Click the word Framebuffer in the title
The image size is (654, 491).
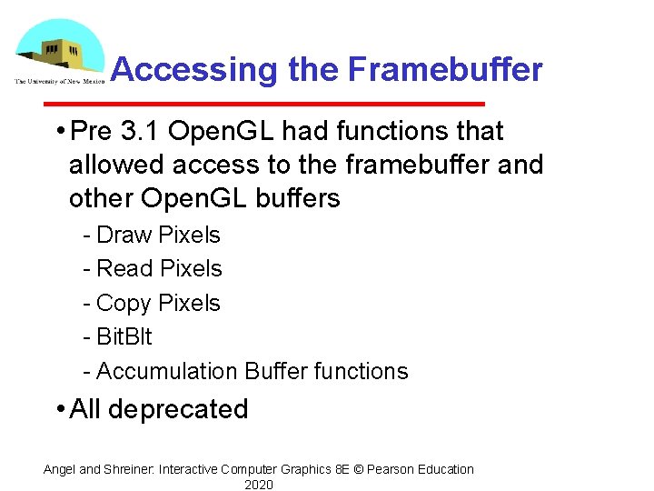(445, 70)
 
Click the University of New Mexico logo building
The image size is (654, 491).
(64, 53)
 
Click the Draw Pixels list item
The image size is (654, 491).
(157, 235)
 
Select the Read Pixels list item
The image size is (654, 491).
(158, 268)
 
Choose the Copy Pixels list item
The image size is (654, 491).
(157, 303)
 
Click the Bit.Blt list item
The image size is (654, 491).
(124, 336)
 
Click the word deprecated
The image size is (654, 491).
(177, 409)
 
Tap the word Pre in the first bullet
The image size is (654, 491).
(90, 132)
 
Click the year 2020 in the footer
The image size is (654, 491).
(259, 485)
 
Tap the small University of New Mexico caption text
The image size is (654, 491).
(59, 81)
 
